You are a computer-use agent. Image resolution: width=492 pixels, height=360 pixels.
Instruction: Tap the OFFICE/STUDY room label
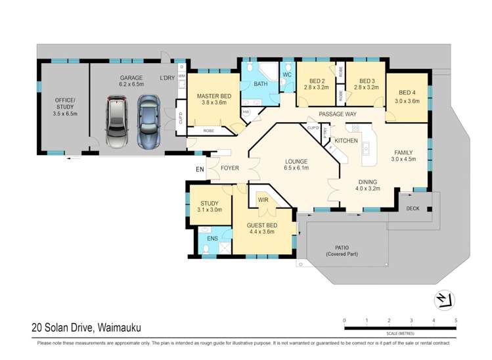[64, 106]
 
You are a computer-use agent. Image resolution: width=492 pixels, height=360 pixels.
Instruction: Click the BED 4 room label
[407, 97]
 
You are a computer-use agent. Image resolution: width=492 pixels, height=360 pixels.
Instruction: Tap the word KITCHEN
[346, 141]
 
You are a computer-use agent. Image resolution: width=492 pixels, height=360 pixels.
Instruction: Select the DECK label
[412, 208]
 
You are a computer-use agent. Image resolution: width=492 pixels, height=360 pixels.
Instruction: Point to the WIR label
[263, 199]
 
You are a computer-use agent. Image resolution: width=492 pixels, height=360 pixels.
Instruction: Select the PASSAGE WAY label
[338, 114]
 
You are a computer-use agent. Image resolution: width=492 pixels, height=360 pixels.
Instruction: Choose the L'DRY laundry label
[168, 79]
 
